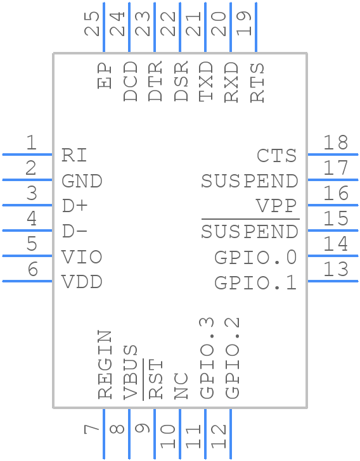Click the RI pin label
click(x=74, y=155)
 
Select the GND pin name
click(x=82, y=181)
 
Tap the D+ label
click(x=75, y=206)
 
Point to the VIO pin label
click(x=82, y=257)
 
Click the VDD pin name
click(x=82, y=282)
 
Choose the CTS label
click(x=276, y=156)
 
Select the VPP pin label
click(x=276, y=206)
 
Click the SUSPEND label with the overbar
click(x=250, y=232)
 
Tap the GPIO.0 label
click(x=255, y=258)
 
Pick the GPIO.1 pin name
click(x=255, y=282)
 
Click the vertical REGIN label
click(x=106, y=364)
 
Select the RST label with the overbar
click(x=156, y=379)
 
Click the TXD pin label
click(x=206, y=82)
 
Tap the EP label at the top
click(x=105, y=75)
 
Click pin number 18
click(x=336, y=142)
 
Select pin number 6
click(x=32, y=270)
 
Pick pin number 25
click(x=93, y=24)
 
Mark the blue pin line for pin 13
click(x=332, y=281)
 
